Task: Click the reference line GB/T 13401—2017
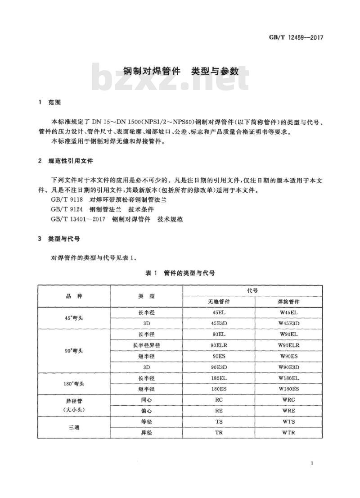pos(117,219)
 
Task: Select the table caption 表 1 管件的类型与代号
pos(180,273)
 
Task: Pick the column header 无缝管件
pos(219,302)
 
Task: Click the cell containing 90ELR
pos(219,345)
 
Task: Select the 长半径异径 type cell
pos(147,345)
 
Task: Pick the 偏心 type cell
pos(147,410)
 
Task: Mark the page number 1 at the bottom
pos(312,464)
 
